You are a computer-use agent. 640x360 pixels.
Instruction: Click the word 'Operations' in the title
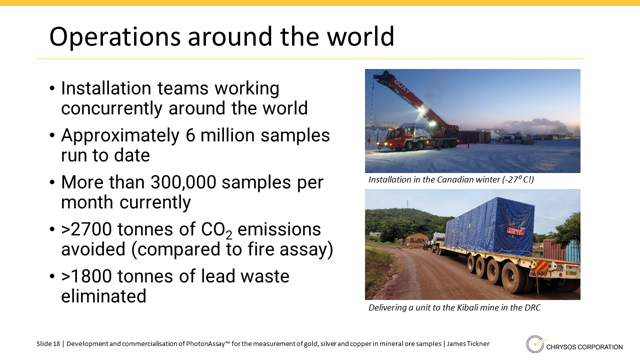115,37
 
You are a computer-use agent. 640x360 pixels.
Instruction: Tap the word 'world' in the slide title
360,36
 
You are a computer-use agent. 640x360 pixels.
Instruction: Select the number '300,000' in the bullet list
183,182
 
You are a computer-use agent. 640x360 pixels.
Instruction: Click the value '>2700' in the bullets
86,229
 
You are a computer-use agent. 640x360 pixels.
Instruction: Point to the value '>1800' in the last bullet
86,276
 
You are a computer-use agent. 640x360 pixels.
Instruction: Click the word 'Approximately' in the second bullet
120,136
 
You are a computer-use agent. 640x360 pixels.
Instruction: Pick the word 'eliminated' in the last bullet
103,295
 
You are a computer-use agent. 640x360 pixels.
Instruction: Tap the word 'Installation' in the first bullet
106,88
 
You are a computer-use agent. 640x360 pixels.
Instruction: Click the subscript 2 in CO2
229,235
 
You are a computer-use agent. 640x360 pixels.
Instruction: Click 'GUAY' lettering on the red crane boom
402,85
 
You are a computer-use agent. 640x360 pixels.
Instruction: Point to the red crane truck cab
396,137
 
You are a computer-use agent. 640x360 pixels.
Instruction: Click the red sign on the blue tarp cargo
516,231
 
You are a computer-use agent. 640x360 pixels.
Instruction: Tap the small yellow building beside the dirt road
415,239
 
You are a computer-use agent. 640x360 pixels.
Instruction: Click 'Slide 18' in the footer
48,343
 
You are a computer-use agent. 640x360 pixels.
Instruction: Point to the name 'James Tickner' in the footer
468,343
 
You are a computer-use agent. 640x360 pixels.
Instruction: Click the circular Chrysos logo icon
534,344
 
